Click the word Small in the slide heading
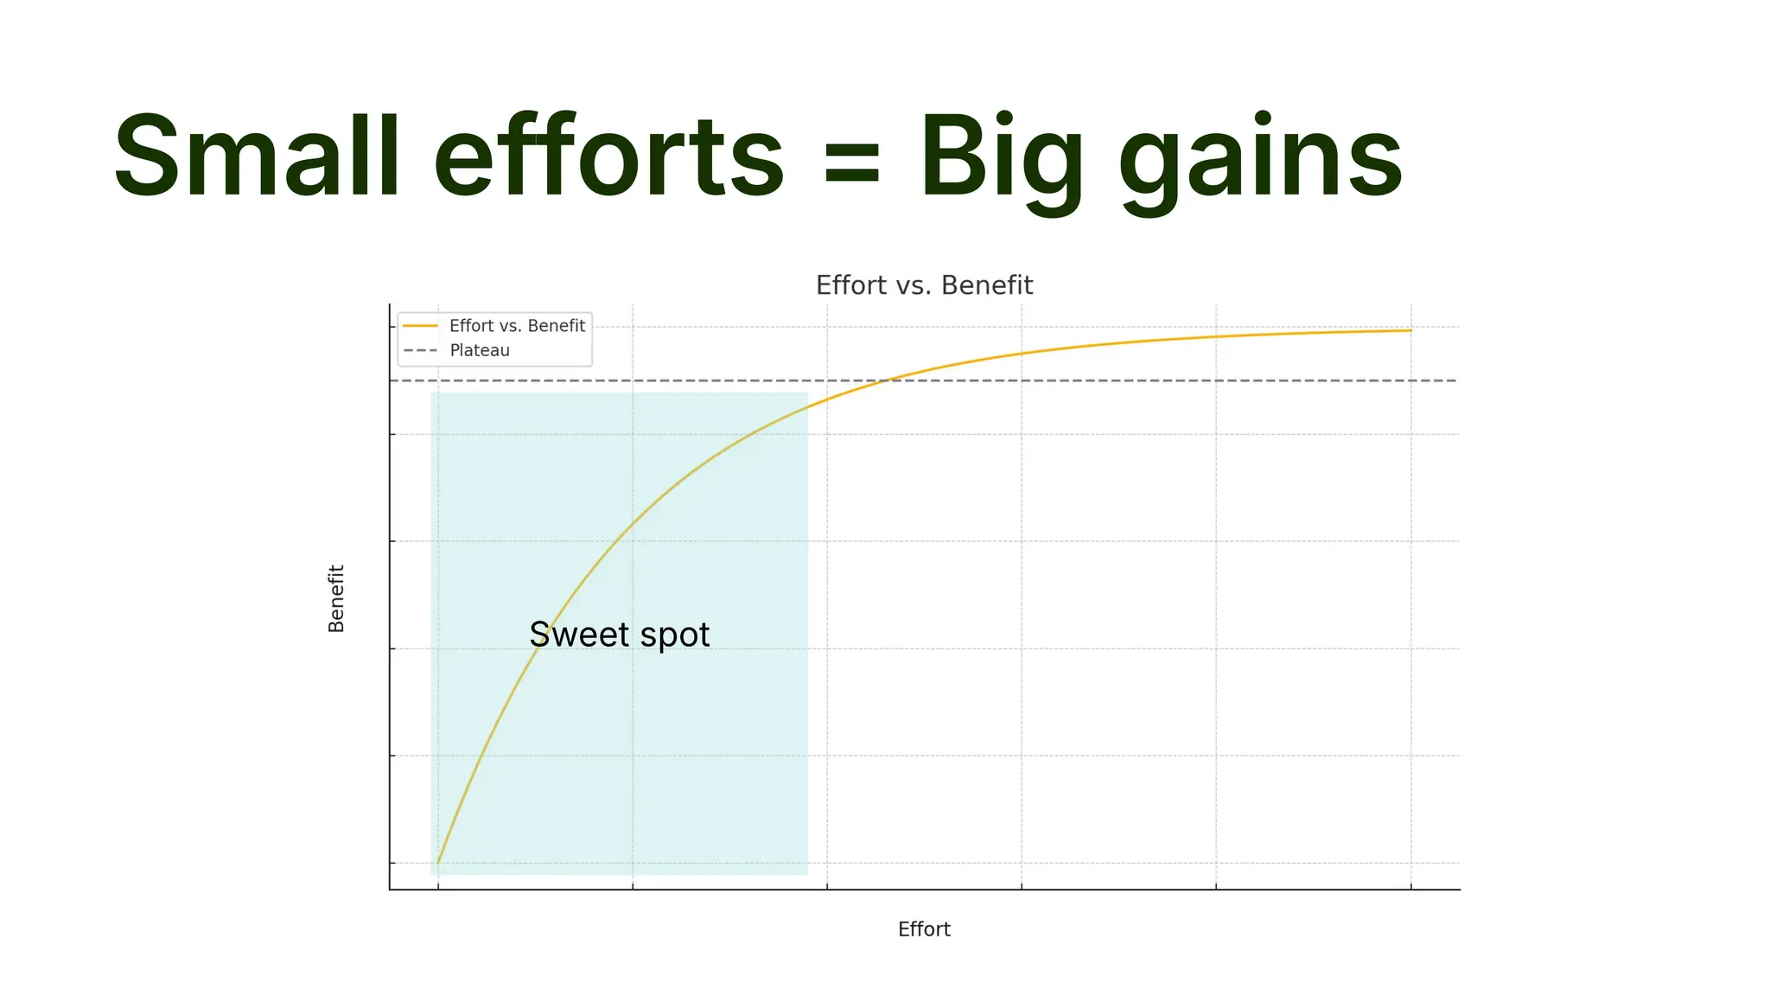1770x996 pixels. coord(257,157)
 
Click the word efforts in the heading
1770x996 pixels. coord(608,157)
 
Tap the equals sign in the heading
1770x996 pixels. coord(852,163)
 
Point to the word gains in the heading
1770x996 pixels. coord(1260,163)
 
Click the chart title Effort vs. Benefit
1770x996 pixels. coord(924,285)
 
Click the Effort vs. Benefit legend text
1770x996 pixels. coord(517,326)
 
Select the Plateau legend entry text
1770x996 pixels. coord(480,351)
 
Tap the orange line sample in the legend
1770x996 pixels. coord(421,326)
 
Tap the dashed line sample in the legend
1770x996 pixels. coord(421,351)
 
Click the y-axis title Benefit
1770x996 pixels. coord(336,598)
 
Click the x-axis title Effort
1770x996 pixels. coord(924,929)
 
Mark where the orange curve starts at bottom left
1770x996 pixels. coord(438,862)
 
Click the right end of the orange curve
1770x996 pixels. coord(1410,330)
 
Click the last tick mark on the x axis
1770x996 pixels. coord(1411,886)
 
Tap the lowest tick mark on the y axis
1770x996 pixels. coord(392,863)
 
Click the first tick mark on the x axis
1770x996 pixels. coord(438,886)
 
